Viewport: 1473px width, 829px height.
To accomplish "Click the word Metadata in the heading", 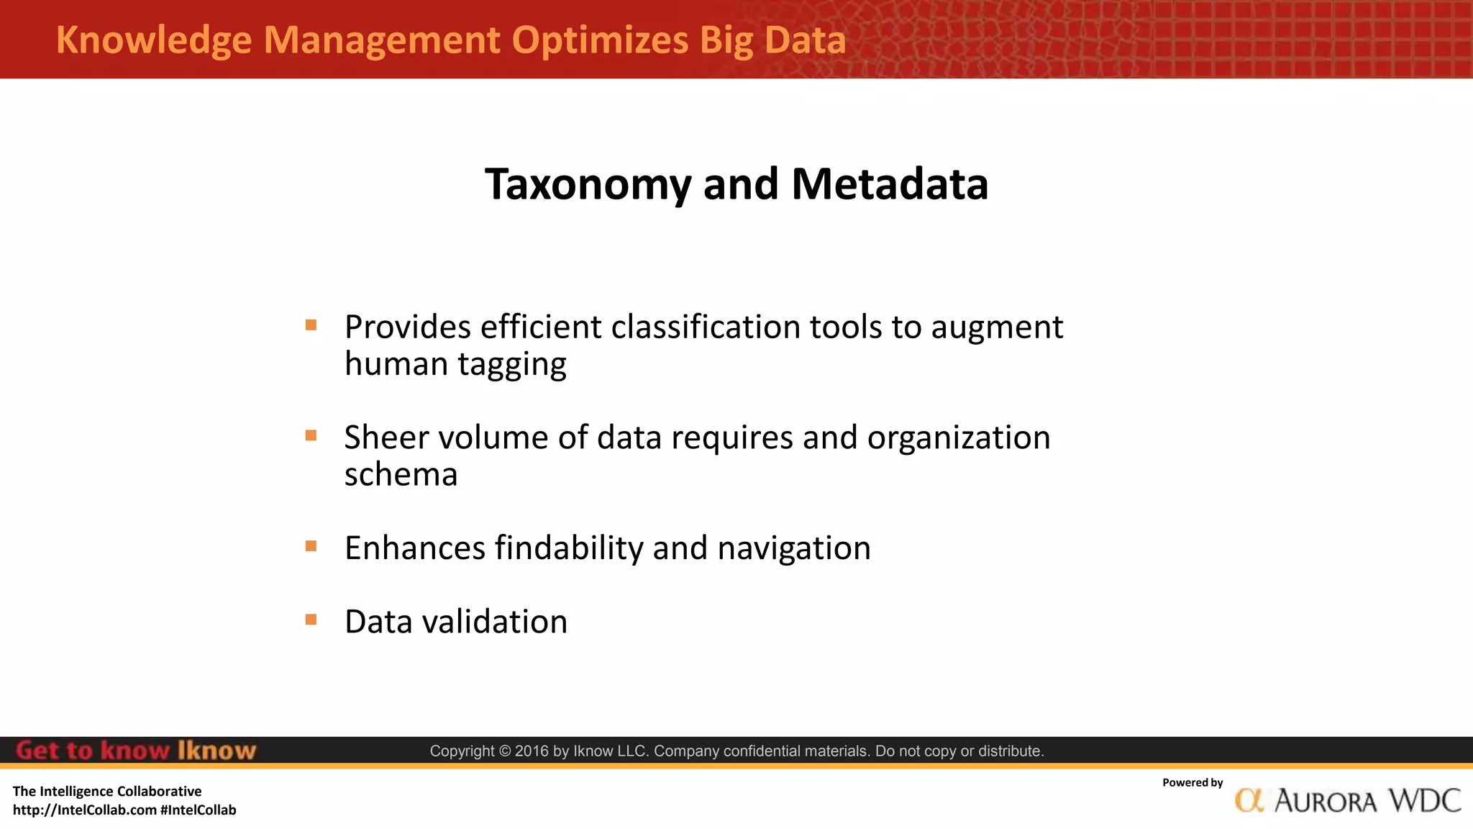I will pos(890,184).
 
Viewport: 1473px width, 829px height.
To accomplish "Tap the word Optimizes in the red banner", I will pos(600,40).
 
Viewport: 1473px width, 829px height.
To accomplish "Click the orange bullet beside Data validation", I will pos(311,620).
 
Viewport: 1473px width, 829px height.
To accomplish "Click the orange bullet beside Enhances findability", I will pos(311,546).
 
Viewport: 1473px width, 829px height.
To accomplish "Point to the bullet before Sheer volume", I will pos(311,435).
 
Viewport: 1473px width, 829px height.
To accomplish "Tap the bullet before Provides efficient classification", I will pos(311,325).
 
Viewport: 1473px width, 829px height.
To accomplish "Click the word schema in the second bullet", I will pos(401,475).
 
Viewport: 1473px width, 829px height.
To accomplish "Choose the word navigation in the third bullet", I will pos(794,548).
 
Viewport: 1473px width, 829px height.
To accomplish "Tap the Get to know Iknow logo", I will pos(136,751).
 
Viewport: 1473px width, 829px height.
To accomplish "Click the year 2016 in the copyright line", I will pos(532,751).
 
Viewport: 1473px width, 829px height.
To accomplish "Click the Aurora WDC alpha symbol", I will pos(1249,800).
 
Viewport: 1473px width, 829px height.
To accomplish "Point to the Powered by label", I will pos(1192,783).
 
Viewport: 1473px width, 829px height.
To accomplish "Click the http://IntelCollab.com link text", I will pos(85,810).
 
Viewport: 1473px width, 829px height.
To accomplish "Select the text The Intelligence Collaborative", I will pos(107,792).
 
